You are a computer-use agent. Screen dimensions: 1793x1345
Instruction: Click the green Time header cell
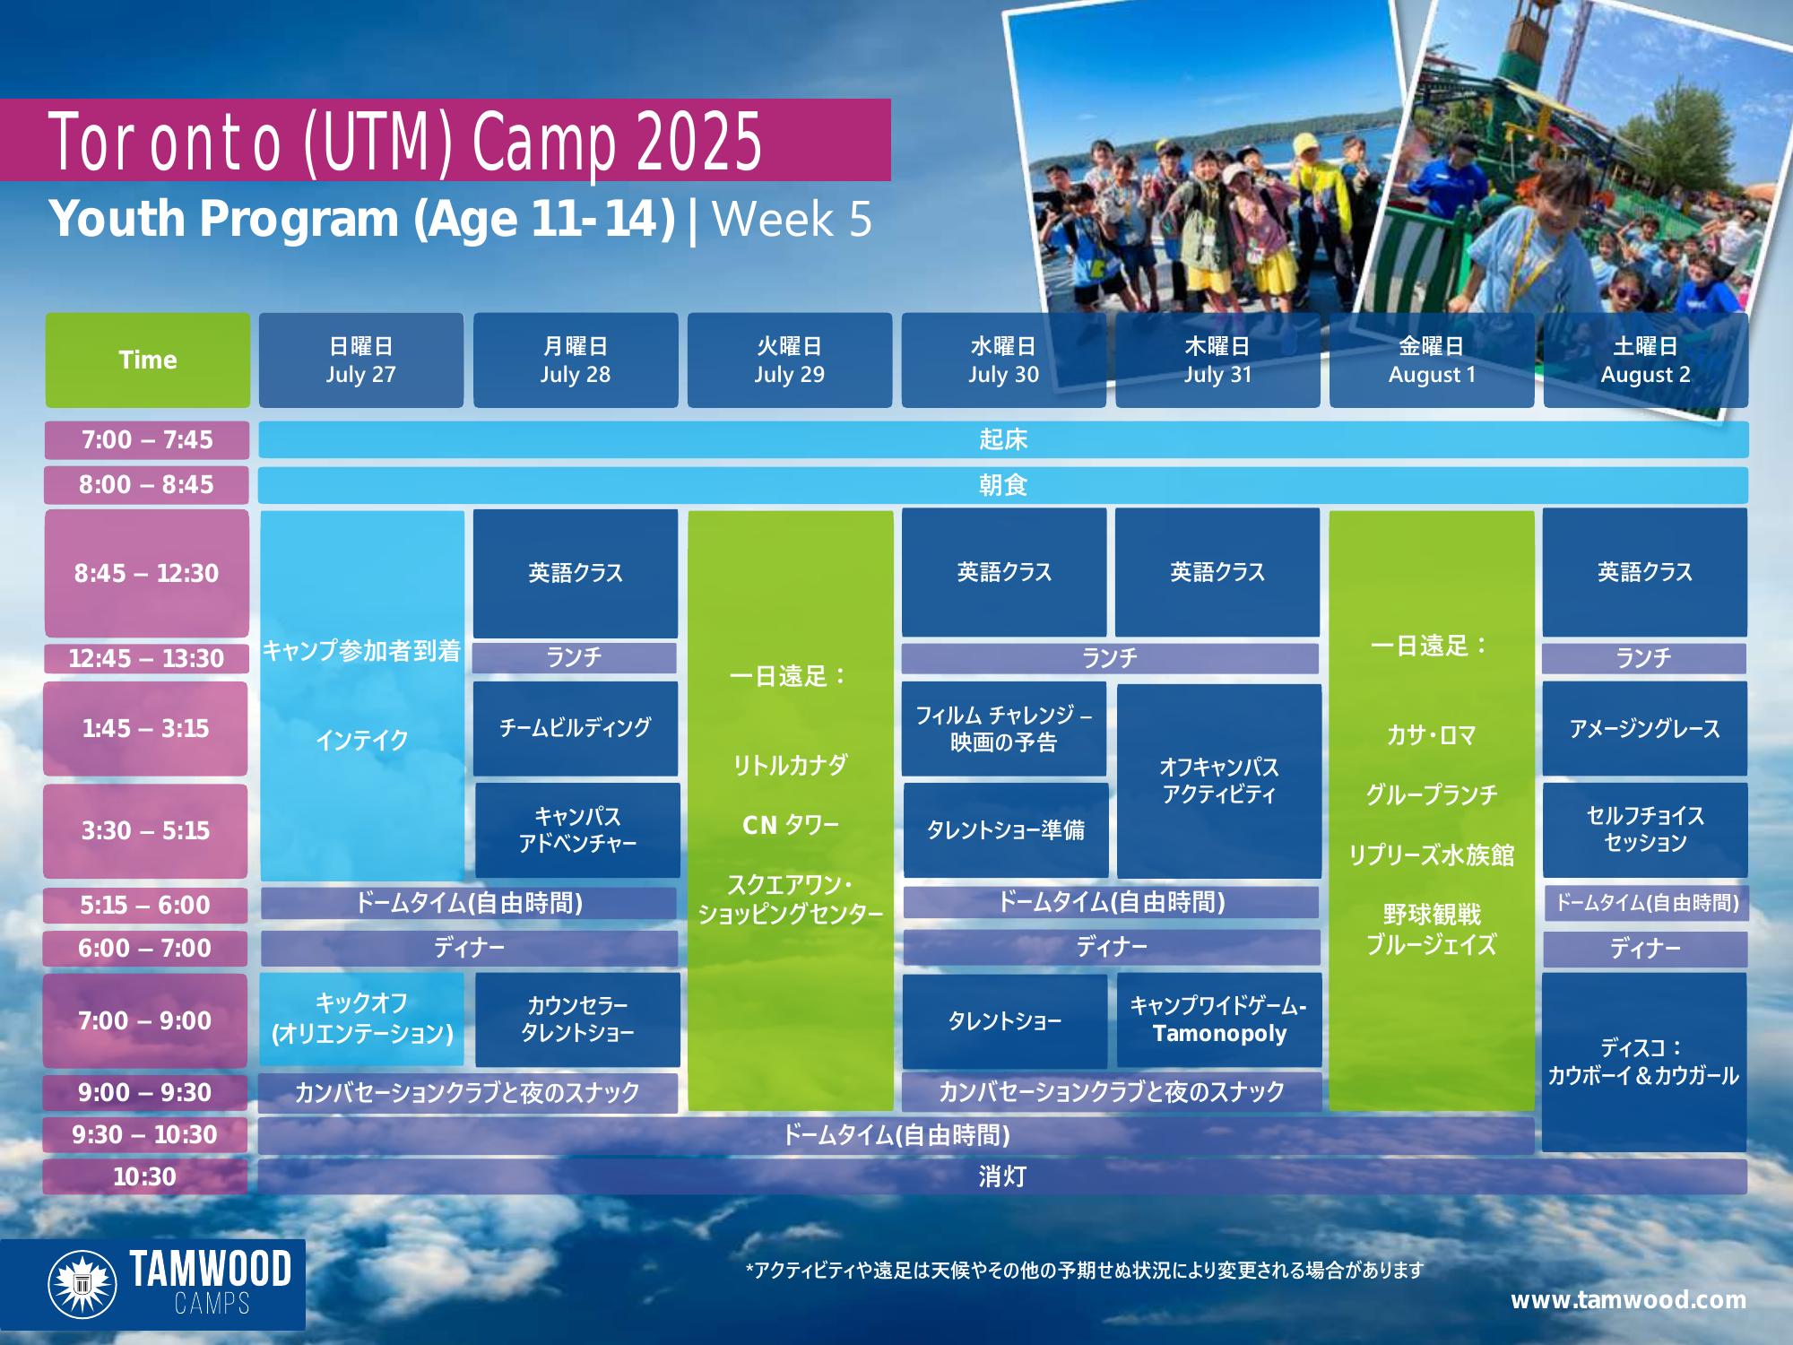[148, 360]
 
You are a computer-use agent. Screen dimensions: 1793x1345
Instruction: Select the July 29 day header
[789, 360]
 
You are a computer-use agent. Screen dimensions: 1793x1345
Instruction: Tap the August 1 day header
[1432, 360]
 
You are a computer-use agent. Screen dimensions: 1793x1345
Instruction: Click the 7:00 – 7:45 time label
[147, 439]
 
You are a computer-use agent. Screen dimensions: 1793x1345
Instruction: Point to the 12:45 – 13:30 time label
[146, 658]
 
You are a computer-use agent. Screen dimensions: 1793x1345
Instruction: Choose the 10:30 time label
[144, 1176]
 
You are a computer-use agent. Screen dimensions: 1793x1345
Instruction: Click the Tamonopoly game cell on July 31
[1218, 1020]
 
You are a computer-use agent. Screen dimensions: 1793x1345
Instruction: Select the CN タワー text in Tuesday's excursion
[790, 825]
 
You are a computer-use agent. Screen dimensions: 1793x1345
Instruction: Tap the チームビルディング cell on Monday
[576, 728]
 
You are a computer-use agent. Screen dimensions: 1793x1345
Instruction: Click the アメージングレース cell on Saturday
[1645, 728]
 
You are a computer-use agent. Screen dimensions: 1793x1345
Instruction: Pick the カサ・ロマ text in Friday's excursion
[1432, 735]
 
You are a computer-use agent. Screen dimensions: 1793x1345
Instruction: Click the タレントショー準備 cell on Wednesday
[1006, 829]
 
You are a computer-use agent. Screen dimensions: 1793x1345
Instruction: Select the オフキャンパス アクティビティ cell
[1219, 780]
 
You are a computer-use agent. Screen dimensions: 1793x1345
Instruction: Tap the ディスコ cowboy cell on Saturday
[1644, 1062]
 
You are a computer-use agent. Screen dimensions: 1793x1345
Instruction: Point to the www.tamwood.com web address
[1628, 1300]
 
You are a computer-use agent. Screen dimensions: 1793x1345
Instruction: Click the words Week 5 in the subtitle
[792, 219]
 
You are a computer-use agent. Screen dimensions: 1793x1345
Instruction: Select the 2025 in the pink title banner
[699, 142]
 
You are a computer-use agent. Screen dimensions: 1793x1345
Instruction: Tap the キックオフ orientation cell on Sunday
[362, 1019]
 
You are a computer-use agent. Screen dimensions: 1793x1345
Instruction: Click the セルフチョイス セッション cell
[1645, 829]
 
